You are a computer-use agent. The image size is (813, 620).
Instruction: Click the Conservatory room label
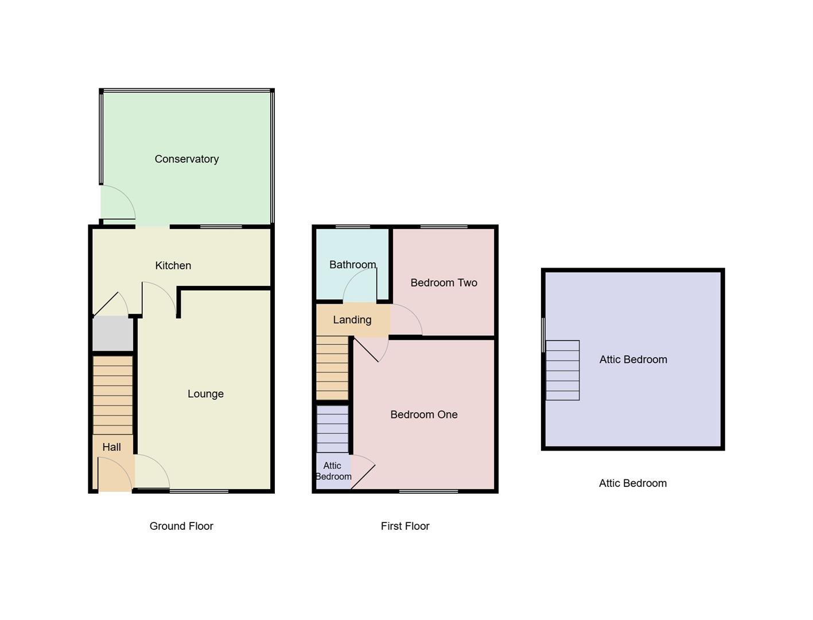pos(186,159)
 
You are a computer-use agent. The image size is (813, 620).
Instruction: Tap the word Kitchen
pos(173,265)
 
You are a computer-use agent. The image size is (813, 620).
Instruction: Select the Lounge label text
pos(205,394)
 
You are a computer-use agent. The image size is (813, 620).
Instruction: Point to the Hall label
pos(111,447)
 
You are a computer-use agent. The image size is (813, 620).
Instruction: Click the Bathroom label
pos(352,265)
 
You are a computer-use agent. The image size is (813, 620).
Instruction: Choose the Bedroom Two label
pos(444,282)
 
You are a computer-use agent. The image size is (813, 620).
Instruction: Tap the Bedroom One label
pos(423,414)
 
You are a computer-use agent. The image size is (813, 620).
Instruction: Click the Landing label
pos(352,320)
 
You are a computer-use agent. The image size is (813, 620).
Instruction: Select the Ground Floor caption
pos(181,526)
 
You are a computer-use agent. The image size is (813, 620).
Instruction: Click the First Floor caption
pos(404,526)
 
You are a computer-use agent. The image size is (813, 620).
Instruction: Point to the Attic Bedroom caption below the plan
pos(632,483)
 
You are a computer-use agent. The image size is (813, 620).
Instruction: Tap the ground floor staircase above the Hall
pos(113,395)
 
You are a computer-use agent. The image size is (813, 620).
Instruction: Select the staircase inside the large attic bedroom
pos(562,370)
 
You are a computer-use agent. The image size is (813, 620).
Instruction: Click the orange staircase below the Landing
pos(332,367)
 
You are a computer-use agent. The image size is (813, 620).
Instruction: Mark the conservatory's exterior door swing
pos(118,203)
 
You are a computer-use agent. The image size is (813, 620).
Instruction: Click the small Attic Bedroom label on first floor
pos(333,471)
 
